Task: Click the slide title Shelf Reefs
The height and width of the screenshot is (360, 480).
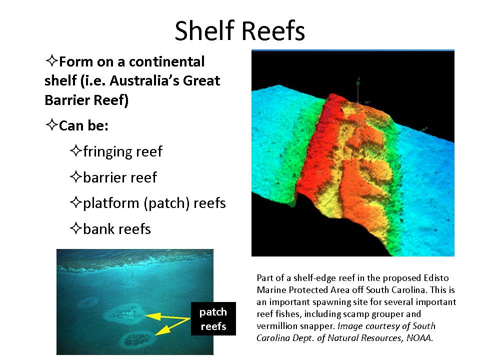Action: (x=239, y=30)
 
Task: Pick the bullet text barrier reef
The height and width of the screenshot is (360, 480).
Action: (x=120, y=177)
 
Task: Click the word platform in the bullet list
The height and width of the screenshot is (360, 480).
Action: (x=111, y=203)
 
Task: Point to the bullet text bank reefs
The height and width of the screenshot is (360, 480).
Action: (x=117, y=229)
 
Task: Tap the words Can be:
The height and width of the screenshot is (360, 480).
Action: (x=83, y=126)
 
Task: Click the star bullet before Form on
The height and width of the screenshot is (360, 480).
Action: (x=51, y=60)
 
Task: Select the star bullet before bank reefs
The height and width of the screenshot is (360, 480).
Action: (x=76, y=228)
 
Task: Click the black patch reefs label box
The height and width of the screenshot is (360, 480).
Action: (x=213, y=318)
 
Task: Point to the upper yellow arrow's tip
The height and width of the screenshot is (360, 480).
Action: (x=145, y=315)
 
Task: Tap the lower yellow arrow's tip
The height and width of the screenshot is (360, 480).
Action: (x=155, y=334)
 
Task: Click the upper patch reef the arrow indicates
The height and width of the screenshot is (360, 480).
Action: (x=124, y=314)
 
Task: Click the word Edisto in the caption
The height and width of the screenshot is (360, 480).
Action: (x=436, y=278)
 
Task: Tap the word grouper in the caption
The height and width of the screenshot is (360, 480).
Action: (x=386, y=314)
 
